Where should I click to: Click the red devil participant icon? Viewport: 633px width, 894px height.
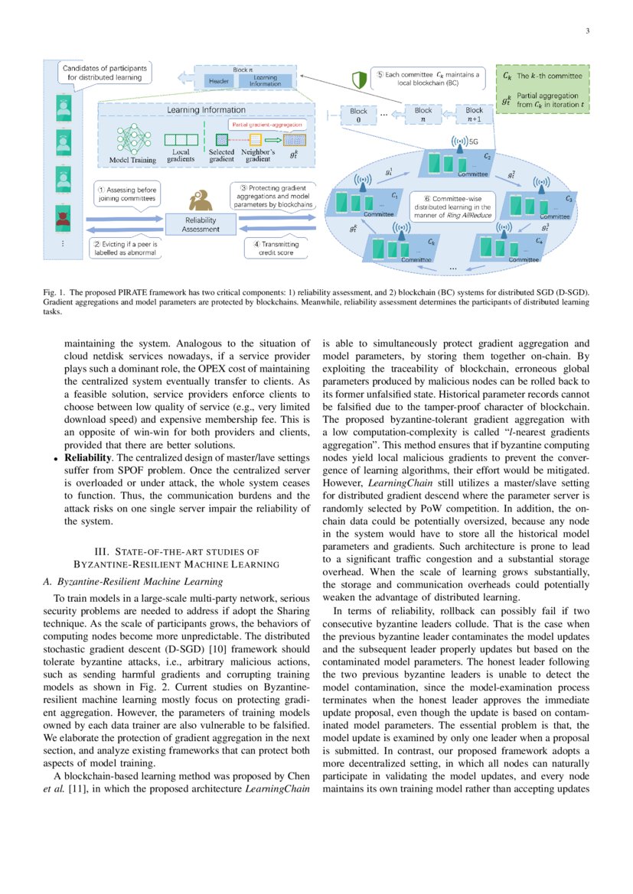pos(62,218)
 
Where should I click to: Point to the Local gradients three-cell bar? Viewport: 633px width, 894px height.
pos(181,140)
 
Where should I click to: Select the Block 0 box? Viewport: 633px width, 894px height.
pos(358,115)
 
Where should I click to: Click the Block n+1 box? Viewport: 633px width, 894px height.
pos(475,115)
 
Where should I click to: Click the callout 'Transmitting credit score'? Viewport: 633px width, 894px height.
pos(276,249)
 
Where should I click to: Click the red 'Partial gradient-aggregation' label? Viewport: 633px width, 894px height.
pos(266,124)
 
